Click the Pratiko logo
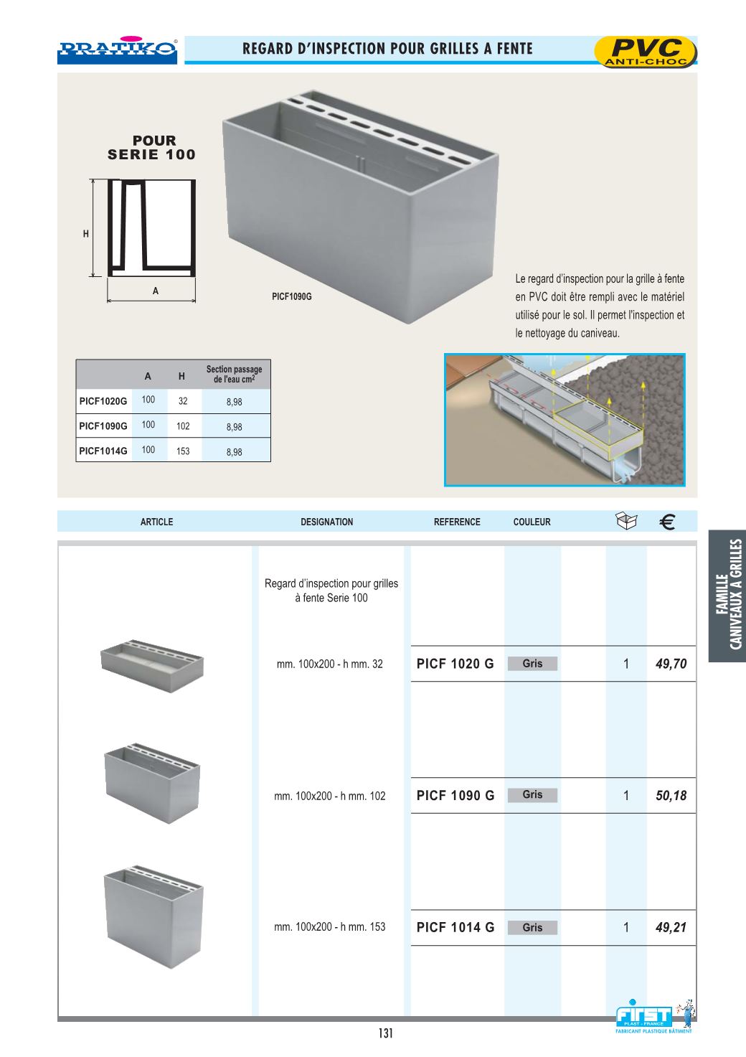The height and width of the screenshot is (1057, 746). (x=117, y=50)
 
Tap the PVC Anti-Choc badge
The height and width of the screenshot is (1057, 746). (x=646, y=52)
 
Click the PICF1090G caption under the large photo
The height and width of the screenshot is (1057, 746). (x=292, y=296)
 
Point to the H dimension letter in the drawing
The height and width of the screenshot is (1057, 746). (x=85, y=234)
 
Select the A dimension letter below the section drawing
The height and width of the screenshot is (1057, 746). (x=155, y=291)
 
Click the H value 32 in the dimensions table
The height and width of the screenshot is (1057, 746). (x=183, y=401)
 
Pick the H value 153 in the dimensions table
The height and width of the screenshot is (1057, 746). (x=183, y=451)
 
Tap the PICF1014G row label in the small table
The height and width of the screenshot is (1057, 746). (x=103, y=451)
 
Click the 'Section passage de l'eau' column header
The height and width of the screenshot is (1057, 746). (x=234, y=375)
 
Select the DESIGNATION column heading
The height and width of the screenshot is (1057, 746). (x=326, y=522)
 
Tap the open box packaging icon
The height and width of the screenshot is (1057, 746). (x=626, y=521)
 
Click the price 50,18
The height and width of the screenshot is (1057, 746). (x=671, y=795)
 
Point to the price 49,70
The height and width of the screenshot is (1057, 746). (x=671, y=664)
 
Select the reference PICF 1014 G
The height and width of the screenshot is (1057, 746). (x=455, y=927)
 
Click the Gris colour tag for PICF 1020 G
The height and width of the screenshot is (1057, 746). (x=532, y=664)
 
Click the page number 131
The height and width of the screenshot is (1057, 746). (x=386, y=1033)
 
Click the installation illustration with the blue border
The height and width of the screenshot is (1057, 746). (x=565, y=420)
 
